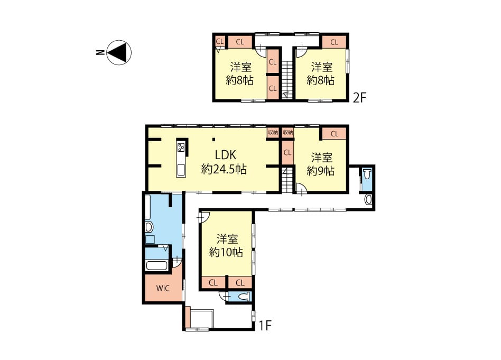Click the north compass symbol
(119, 52)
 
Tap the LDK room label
(225, 155)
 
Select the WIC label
(163, 289)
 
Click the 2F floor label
(359, 97)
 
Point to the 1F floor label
(265, 326)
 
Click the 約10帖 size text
(226, 253)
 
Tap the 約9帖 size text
(320, 171)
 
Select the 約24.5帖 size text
(224, 169)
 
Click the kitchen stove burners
(181, 147)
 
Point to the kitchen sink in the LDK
(181, 170)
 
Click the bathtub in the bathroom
(156, 266)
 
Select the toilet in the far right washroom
(367, 174)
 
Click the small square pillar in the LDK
(214, 139)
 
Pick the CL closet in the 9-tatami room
(334, 134)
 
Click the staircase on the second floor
(286, 80)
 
